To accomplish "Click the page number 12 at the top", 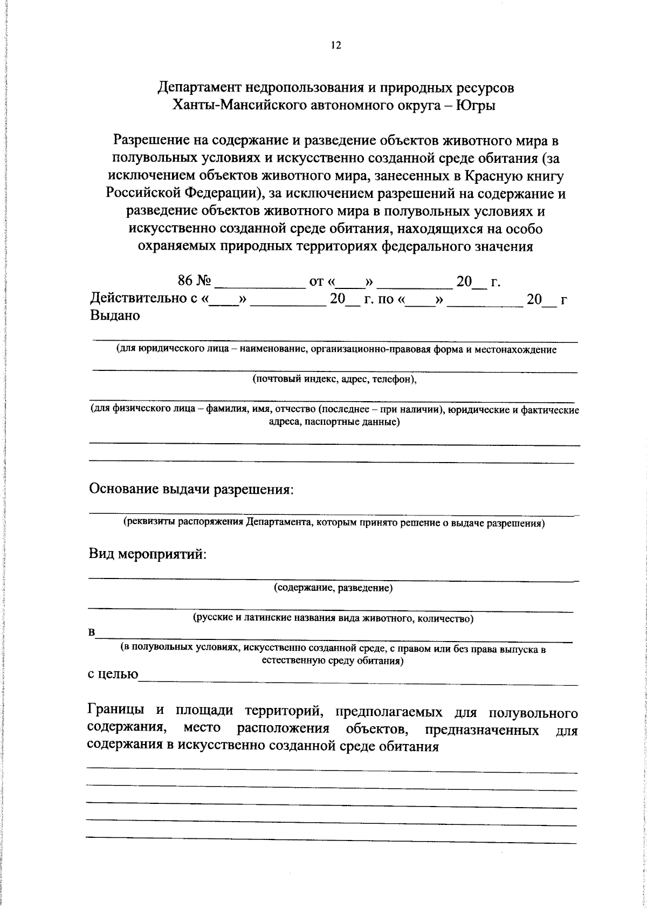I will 335,45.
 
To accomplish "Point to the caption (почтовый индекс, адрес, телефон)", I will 335,379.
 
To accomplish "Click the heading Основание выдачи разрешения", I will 191,490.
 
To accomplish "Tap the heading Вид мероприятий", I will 147,554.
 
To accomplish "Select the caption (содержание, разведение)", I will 333,588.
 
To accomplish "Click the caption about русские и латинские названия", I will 333,618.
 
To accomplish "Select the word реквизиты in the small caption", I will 149,522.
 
